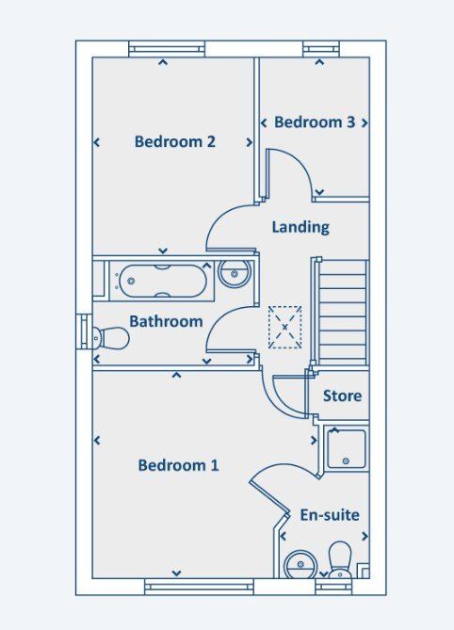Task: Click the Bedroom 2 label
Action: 175,142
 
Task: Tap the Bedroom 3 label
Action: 315,122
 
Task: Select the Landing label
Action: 300,227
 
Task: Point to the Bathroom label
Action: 166,321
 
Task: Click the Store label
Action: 342,396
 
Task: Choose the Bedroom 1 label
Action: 178,465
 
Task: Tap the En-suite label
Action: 330,515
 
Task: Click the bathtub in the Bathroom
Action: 163,281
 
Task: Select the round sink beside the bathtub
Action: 235,274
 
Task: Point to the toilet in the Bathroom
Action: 110,338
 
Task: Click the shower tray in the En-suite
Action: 347,449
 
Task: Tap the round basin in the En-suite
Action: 300,564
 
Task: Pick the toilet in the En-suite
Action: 340,559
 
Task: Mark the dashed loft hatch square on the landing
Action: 284,327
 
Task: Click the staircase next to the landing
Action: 342,313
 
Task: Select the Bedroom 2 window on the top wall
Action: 167,49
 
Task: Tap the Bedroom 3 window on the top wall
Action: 321,49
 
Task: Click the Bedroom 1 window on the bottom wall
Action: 200,587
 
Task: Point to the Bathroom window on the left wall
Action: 85,331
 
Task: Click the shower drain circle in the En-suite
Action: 346,460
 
